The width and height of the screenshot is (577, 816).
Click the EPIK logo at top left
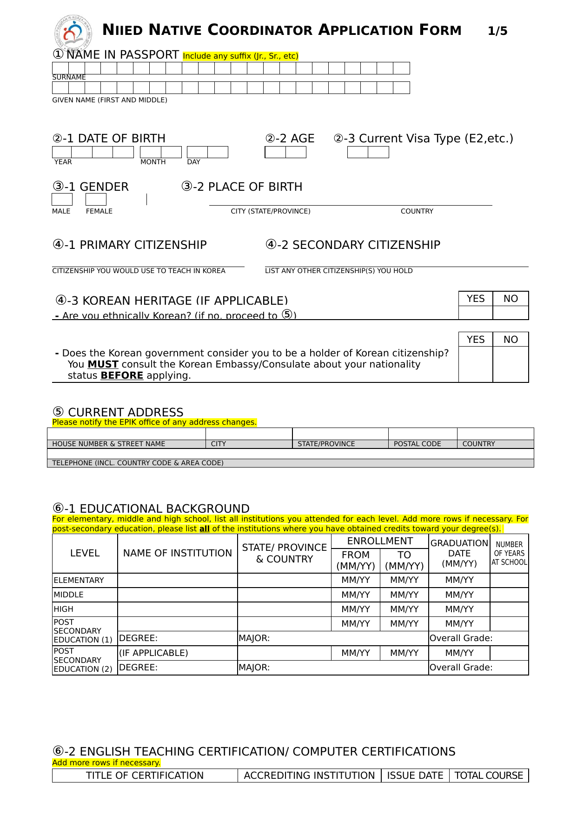(x=73, y=33)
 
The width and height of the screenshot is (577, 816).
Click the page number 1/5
(x=497, y=31)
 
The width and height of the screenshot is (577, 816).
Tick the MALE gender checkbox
(x=62, y=199)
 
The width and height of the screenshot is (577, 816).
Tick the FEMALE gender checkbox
(x=96, y=199)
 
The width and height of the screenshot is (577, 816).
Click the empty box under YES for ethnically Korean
(x=475, y=313)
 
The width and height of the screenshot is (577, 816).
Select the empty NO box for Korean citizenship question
(x=511, y=364)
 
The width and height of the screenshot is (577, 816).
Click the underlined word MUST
(x=103, y=364)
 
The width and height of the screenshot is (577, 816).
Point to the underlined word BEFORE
(x=122, y=375)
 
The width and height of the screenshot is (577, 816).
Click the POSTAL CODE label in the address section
(x=417, y=444)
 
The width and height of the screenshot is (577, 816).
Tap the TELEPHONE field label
(x=138, y=463)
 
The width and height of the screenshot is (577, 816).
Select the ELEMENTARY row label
(x=79, y=580)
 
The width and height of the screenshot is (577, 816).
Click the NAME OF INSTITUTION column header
(x=177, y=553)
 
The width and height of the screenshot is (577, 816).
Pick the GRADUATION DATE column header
(x=459, y=553)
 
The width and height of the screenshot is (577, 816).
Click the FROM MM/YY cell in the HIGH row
(x=356, y=609)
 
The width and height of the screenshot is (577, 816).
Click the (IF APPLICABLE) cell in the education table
(x=154, y=653)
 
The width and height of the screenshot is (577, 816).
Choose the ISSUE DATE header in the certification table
(x=415, y=776)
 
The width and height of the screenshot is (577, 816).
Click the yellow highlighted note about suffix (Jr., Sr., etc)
(x=240, y=56)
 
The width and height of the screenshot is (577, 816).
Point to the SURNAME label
(x=69, y=77)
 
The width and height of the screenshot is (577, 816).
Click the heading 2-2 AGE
(x=290, y=139)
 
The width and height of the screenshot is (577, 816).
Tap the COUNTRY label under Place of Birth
(x=417, y=211)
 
